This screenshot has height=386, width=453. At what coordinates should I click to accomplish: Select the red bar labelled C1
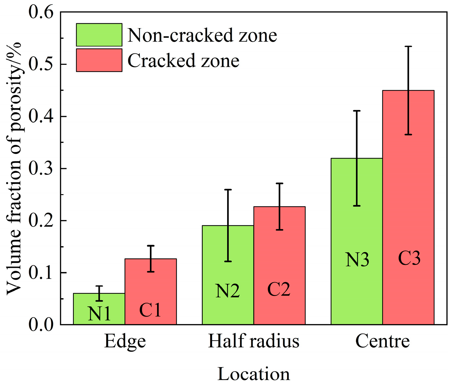[x=151, y=291]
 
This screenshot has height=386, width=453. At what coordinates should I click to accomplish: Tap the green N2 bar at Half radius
[x=228, y=275]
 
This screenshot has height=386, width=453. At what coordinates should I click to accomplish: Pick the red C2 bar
[x=279, y=265]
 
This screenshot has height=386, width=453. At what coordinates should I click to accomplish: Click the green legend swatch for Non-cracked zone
[x=99, y=35]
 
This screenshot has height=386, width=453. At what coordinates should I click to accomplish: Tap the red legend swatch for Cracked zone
[x=99, y=60]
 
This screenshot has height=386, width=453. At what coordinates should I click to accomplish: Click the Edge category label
[x=125, y=341]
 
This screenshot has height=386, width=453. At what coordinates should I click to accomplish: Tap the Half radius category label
[x=254, y=341]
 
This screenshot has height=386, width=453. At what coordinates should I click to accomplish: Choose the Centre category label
[x=382, y=341]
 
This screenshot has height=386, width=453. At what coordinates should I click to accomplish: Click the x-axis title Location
[x=254, y=374]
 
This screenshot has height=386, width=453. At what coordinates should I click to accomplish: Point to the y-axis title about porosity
[x=14, y=169]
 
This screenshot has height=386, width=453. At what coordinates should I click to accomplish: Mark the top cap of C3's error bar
[x=408, y=47]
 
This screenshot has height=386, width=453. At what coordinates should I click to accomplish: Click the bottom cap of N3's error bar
[x=357, y=206]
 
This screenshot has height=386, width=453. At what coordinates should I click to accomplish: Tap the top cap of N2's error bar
[x=228, y=190]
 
